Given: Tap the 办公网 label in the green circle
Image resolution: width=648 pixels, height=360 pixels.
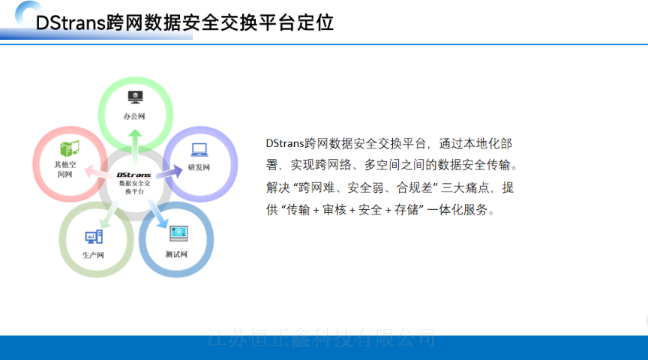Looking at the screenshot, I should tap(134, 116).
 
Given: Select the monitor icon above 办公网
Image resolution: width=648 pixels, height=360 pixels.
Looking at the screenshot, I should tap(134, 97).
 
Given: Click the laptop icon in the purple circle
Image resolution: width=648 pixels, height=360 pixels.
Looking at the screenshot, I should tap(199, 148).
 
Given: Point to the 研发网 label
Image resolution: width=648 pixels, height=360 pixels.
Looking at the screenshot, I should tap(199, 166).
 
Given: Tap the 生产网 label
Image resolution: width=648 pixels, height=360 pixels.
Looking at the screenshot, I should tap(93, 255).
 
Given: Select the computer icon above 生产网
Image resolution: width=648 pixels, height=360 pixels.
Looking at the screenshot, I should tap(94, 237).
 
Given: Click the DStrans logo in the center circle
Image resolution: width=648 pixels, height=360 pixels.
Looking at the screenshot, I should tap(134, 174).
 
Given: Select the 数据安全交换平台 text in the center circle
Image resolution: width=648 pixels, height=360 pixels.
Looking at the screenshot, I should tap(134, 187).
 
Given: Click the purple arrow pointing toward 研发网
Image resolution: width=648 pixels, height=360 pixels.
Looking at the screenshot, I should tap(169, 170).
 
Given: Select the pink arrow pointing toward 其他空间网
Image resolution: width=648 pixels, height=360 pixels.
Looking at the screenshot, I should tap(96, 172).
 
